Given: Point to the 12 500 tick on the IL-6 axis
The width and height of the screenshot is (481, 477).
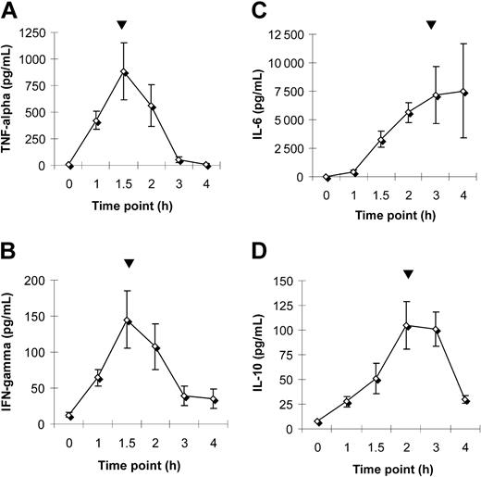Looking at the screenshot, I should click(288, 35).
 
